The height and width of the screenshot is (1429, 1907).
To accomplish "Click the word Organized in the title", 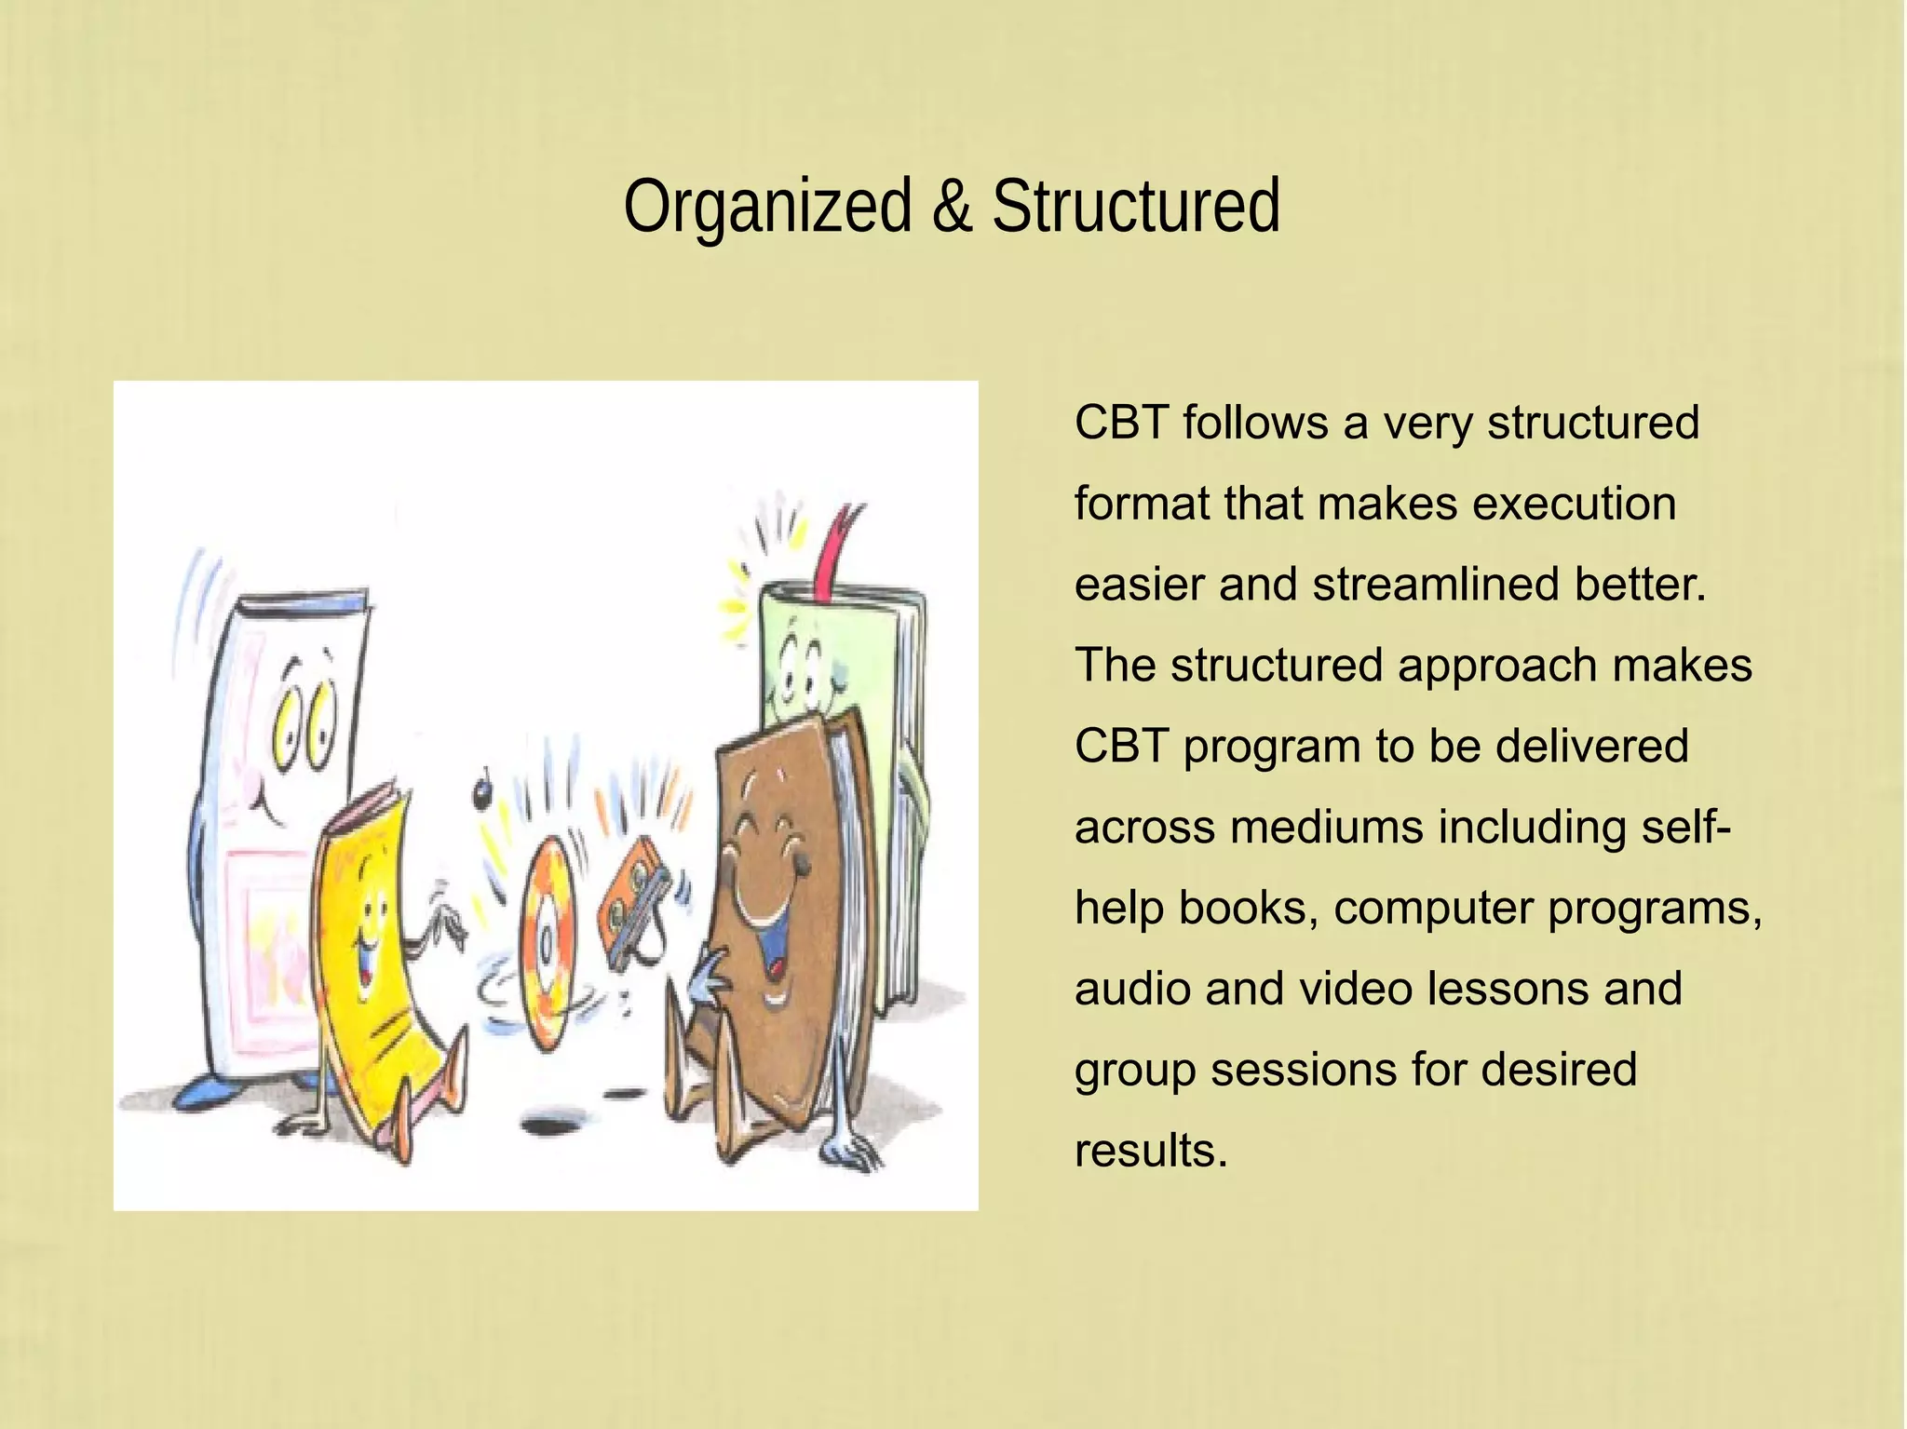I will point(767,207).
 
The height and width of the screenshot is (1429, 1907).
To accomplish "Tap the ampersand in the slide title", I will point(952,207).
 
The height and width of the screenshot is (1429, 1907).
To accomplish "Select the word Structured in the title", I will point(1136,207).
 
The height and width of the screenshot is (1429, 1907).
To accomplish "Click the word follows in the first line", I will point(1255,423).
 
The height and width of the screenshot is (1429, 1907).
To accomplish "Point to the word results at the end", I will point(1151,1151).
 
